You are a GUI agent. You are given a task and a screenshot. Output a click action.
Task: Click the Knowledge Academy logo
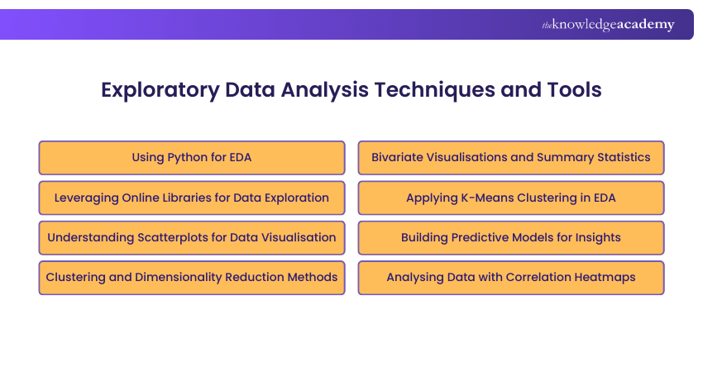pos(608,25)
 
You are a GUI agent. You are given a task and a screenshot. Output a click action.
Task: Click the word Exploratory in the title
pos(160,91)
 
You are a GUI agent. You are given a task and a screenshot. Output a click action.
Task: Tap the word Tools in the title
pos(574,89)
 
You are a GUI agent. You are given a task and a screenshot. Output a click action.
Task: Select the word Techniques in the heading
pos(434,91)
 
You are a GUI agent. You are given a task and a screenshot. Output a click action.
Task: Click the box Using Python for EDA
pos(192,158)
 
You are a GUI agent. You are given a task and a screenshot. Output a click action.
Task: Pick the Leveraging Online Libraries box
pos(192,198)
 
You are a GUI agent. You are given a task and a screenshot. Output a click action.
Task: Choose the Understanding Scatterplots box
pos(192,237)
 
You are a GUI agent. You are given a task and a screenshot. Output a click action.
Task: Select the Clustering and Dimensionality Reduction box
pos(192,278)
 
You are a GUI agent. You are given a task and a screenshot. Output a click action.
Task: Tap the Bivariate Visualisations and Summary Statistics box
pos(511,158)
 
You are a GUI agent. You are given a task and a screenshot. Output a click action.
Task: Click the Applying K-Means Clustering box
pos(511,198)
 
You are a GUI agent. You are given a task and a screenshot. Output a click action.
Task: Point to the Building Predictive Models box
pos(511,237)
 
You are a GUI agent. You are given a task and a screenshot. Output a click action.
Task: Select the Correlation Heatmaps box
pos(511,278)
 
